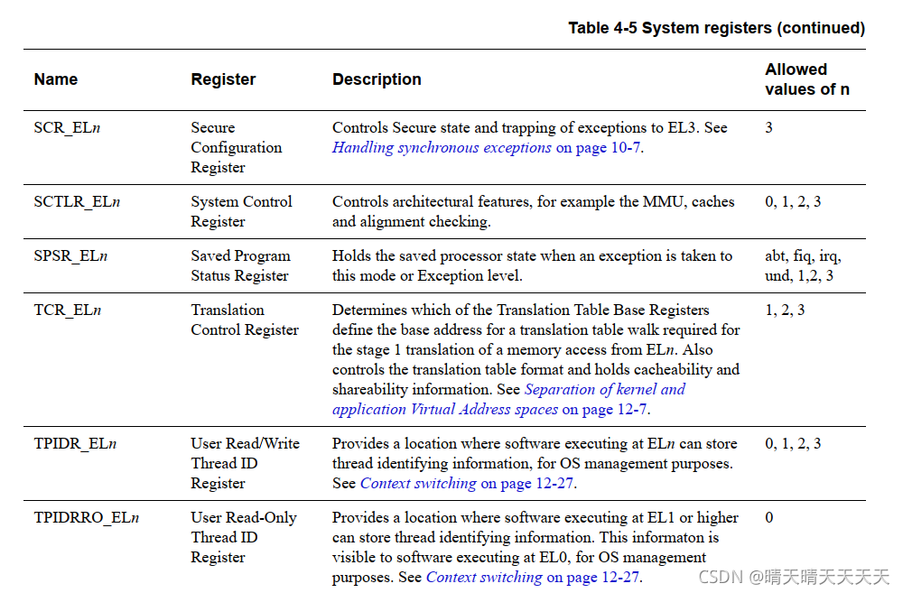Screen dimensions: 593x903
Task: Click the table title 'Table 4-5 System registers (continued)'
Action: click(x=716, y=28)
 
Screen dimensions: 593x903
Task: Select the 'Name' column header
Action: click(x=56, y=79)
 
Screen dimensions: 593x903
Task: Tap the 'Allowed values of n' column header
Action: click(x=806, y=79)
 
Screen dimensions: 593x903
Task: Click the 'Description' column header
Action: click(x=377, y=79)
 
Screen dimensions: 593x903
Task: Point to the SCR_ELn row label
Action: click(x=67, y=128)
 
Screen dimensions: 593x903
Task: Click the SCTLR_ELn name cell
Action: click(x=77, y=202)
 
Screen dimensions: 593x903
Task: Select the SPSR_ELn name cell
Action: click(x=70, y=256)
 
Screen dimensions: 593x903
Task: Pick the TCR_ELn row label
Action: click(x=67, y=310)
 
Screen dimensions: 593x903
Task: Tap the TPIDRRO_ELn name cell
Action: click(x=87, y=518)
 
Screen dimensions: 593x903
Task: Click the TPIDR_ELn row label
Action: click(x=75, y=444)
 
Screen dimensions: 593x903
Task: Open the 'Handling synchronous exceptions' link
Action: click(x=442, y=148)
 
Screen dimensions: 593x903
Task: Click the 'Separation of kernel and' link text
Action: click(x=604, y=390)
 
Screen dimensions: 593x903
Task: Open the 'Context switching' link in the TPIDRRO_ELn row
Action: click(x=484, y=578)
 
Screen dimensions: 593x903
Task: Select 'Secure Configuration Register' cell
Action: click(x=236, y=148)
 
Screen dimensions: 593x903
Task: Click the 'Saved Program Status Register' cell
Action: click(x=240, y=266)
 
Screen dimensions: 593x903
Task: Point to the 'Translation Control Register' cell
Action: click(x=244, y=320)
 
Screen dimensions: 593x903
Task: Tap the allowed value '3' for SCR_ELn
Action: click(x=768, y=128)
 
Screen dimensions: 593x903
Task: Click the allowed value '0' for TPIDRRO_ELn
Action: click(x=768, y=518)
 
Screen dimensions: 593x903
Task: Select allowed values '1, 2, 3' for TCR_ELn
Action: click(x=785, y=310)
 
